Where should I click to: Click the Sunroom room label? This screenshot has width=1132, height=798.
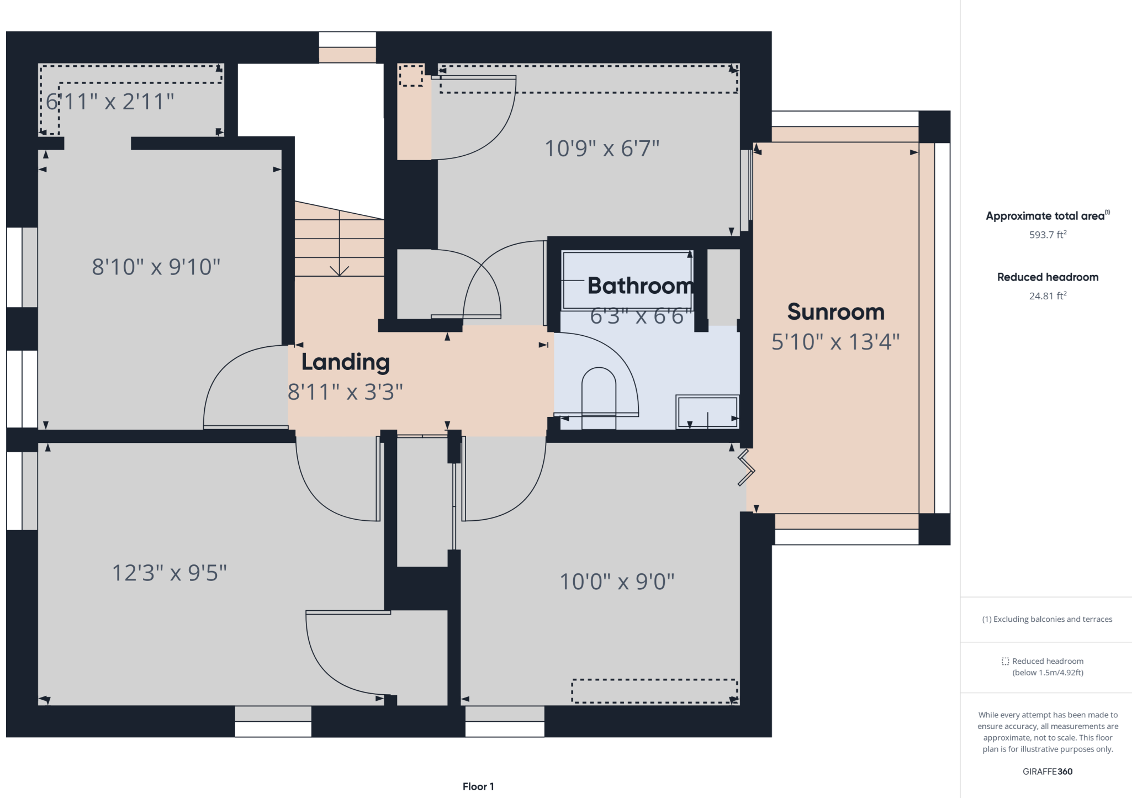tap(835, 312)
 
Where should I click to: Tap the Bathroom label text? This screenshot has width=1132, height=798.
tap(641, 286)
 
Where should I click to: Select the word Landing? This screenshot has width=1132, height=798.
tap(346, 362)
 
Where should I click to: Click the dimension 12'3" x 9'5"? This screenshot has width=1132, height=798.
tap(170, 573)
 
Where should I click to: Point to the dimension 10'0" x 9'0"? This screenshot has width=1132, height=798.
tap(617, 582)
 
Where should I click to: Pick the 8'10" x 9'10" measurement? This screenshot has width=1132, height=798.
tap(156, 267)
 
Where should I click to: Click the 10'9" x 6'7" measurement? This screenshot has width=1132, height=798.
tap(602, 149)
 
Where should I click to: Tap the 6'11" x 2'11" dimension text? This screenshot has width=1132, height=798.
tap(110, 102)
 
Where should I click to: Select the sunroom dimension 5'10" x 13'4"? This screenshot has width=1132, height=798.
tap(835, 342)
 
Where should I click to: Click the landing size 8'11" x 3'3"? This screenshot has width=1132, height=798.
tap(346, 392)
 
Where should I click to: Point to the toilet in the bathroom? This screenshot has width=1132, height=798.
tap(599, 398)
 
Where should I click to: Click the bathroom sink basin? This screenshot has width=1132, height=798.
tap(707, 411)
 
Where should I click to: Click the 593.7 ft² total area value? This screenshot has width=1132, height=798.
tap(1048, 235)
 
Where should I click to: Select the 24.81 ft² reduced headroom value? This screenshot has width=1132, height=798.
tap(1048, 296)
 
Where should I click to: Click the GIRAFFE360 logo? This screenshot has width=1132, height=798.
tap(1048, 771)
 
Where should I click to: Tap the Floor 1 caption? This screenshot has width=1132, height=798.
tap(478, 786)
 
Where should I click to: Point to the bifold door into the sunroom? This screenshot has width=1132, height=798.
tap(747, 468)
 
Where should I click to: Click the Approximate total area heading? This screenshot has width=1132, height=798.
tap(1045, 216)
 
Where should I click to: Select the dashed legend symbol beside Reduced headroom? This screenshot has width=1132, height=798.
tap(1006, 661)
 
